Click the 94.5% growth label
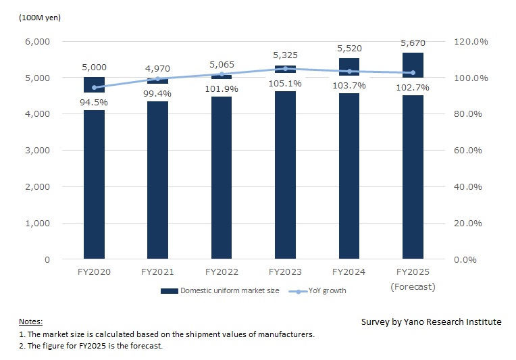point(94,102)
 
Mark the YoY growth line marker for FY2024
point(349,71)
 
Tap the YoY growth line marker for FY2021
point(157,79)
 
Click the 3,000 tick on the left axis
point(37,150)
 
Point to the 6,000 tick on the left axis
point(37,41)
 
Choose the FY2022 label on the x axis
point(221,272)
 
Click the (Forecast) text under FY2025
point(413,286)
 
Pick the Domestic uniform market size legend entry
point(221,291)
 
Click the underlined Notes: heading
point(30,322)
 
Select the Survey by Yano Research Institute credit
point(431,322)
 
